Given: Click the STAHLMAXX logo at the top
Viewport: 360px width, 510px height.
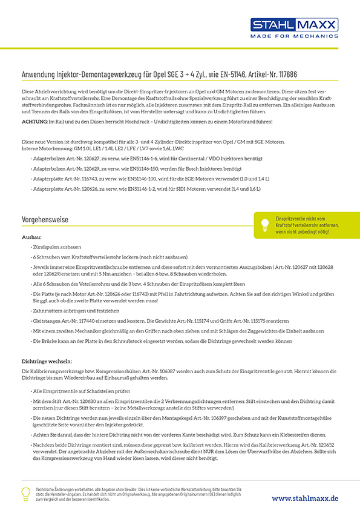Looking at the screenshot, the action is tap(295, 25).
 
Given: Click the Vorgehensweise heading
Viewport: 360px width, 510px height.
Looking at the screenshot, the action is tap(44, 219).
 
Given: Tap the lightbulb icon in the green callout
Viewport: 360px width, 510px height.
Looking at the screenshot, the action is tap(264, 224).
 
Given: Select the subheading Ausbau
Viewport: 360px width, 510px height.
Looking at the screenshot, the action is tap(31, 238).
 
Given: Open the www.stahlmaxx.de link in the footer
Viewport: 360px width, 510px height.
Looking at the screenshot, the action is tap(304, 498).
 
